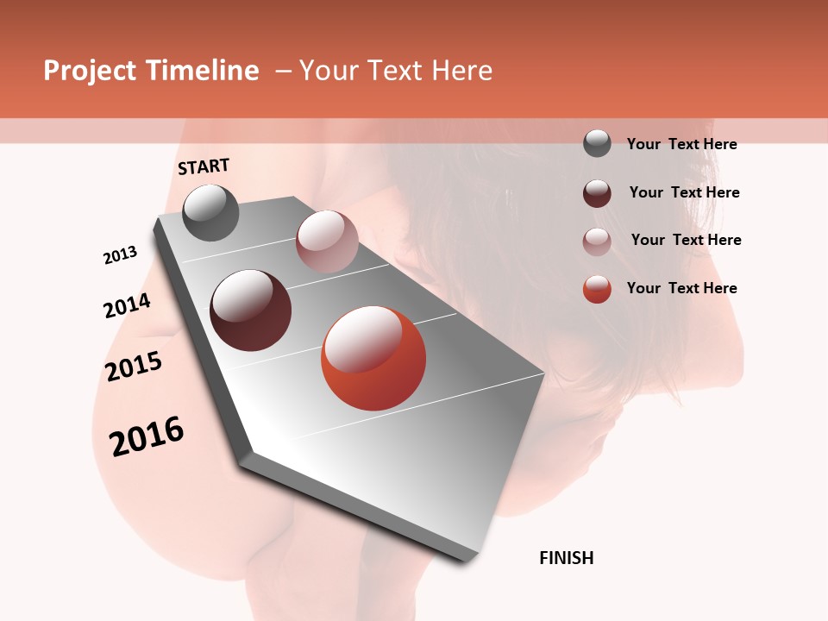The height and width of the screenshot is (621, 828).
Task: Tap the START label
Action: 204,166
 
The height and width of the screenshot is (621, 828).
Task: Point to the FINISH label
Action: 567,558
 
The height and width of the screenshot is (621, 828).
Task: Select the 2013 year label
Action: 120,255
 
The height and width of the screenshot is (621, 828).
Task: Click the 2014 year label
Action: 127,305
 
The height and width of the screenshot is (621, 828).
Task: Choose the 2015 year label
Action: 134,367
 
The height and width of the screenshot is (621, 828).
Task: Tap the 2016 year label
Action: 147,436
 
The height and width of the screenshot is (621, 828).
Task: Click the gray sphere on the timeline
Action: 211,212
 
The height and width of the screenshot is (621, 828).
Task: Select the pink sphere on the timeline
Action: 327,241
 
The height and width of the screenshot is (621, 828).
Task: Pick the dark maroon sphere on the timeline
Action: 251,310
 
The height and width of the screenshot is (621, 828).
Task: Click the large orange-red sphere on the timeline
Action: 373,358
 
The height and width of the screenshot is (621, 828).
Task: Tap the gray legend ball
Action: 597,143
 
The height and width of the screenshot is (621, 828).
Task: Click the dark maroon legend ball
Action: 597,193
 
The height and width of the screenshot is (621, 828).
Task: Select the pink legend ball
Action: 597,241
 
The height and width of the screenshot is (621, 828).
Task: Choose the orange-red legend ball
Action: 597,289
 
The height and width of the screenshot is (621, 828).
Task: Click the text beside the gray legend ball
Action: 681,144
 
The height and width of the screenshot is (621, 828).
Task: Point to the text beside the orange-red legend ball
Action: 681,288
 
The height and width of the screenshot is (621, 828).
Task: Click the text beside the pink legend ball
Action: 686,240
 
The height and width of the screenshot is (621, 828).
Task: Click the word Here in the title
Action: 461,71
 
